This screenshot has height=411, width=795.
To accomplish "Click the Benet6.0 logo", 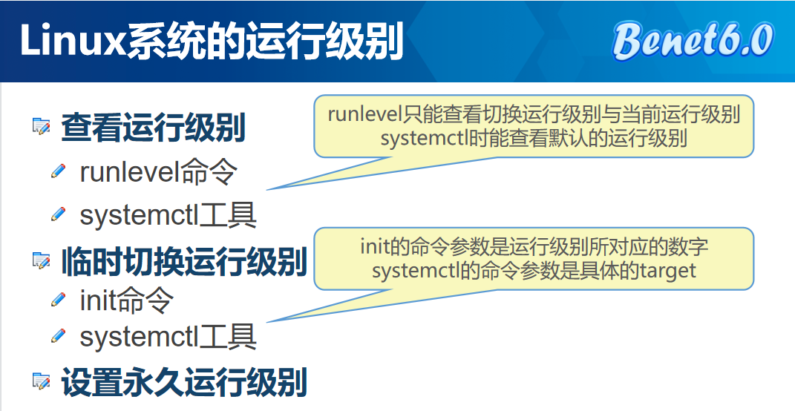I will (693, 40).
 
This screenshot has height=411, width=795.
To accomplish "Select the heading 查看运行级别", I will (153, 128).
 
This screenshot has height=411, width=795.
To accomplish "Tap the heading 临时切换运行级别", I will (184, 262).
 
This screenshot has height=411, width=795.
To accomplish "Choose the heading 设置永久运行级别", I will (184, 383).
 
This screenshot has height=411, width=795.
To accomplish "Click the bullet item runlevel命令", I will (158, 172).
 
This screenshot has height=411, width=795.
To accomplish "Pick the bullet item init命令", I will (126, 300).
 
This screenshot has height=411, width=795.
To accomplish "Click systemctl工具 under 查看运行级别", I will (168, 216).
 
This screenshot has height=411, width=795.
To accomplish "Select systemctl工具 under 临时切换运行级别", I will (168, 337).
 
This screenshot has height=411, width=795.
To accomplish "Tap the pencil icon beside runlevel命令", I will (59, 172).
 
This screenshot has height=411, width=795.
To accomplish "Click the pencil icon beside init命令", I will (59, 300).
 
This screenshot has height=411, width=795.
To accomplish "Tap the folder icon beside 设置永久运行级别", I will (41, 382).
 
